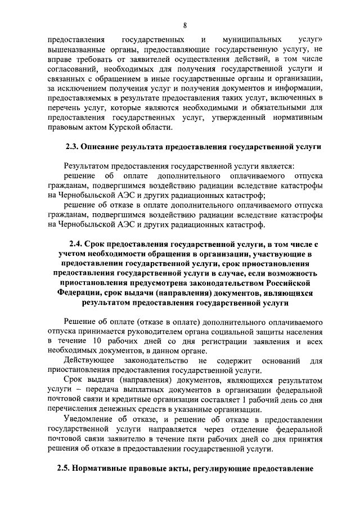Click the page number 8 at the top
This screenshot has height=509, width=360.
point(185,25)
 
